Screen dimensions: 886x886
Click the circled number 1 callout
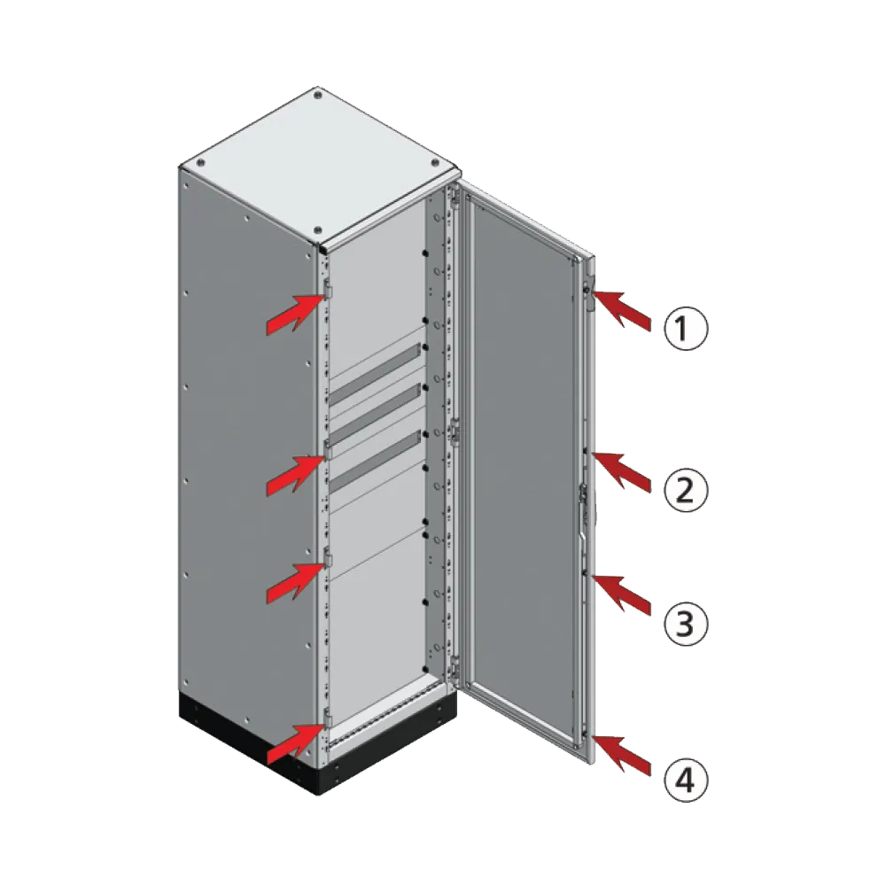click(687, 330)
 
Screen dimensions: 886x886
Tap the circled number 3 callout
click(687, 623)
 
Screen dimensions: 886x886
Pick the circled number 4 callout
click(687, 781)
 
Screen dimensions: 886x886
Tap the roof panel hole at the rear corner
click(317, 91)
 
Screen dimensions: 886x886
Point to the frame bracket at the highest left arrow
click(327, 289)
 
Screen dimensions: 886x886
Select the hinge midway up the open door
click(454, 431)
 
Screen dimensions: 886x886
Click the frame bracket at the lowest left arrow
click(327, 716)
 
